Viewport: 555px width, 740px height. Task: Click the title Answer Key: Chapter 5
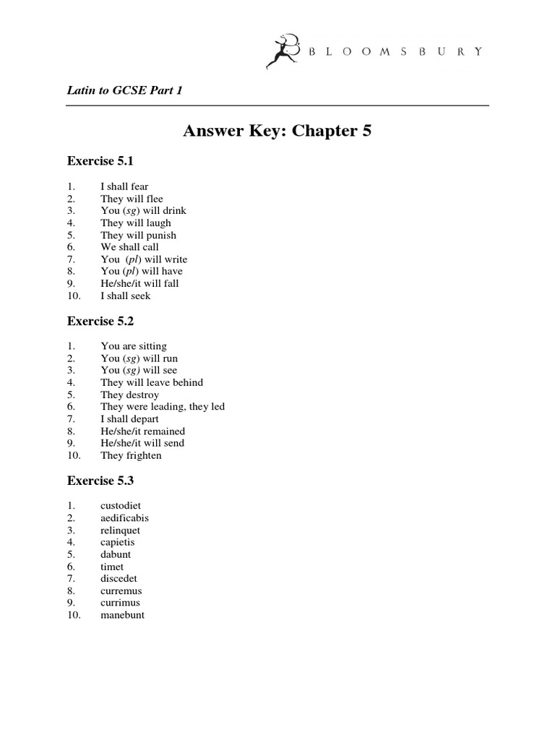277,131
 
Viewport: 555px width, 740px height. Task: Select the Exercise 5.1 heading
100,160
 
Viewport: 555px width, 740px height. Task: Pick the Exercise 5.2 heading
100,322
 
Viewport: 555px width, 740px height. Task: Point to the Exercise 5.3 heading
100,480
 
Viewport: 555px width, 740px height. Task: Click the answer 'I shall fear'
124,186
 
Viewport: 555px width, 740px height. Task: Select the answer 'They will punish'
138,235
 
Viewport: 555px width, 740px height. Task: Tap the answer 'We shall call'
129,247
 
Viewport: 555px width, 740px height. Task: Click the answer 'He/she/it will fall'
139,283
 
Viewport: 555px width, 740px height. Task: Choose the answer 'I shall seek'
126,296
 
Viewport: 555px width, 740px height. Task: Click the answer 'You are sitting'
134,346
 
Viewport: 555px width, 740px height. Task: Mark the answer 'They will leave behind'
152,382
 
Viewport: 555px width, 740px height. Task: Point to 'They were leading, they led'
163,407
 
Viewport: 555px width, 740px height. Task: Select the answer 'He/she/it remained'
142,431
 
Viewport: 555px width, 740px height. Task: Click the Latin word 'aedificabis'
125,518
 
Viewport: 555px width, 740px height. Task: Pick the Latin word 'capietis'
118,542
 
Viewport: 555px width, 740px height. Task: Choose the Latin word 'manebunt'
122,615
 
